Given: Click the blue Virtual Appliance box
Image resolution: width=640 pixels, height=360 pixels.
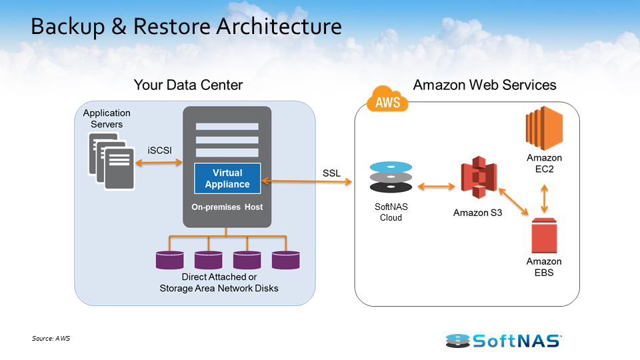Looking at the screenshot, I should tap(227, 178).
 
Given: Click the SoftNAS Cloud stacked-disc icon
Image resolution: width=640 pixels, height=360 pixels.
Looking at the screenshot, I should tap(391, 177).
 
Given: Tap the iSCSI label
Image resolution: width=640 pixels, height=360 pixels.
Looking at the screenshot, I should tap(159, 151).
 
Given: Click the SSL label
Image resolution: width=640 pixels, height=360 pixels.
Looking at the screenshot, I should tap(331, 173).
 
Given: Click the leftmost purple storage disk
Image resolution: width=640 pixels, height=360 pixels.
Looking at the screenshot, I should tap(170, 259).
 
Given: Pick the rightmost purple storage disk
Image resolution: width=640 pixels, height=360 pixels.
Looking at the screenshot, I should tap(285, 259).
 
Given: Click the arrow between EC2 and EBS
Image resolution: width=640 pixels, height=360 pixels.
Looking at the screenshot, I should tap(545, 197).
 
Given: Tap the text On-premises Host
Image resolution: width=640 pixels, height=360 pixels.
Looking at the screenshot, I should tap(227, 207).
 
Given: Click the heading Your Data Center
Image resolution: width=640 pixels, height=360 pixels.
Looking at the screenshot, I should tap(188, 85).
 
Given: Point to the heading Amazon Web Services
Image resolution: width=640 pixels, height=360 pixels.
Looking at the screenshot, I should tap(485, 85).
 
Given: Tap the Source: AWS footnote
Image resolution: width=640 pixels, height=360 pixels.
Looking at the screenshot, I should tap(51, 339).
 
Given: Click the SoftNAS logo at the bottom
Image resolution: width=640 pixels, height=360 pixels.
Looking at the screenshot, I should tap(503, 341).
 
